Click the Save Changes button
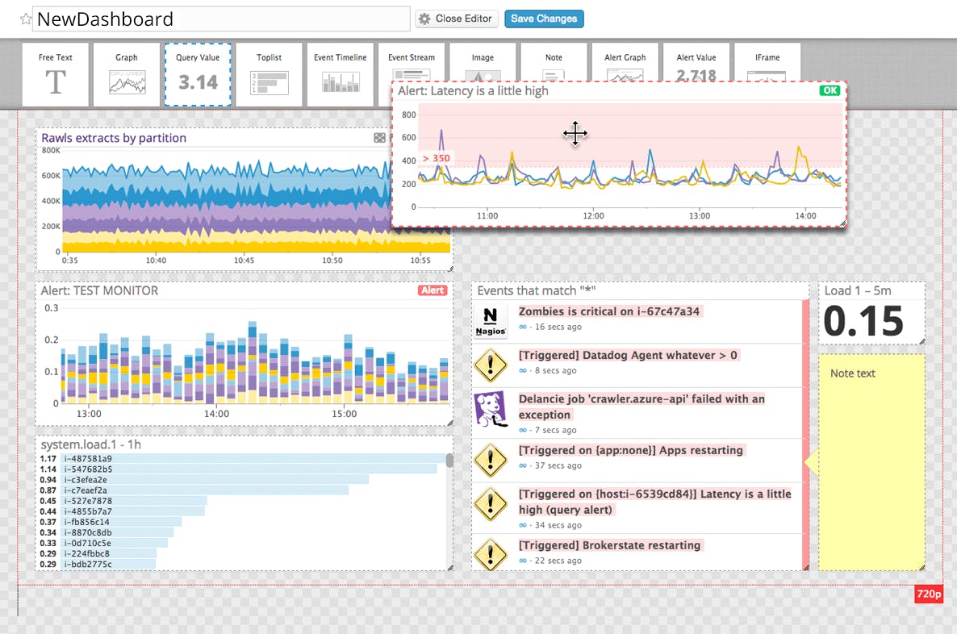tap(544, 19)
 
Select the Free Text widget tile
tap(56, 75)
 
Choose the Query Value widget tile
tap(198, 75)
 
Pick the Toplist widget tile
tap(270, 75)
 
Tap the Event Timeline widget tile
tap(340, 75)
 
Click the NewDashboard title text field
tap(220, 19)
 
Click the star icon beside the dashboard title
tap(25, 19)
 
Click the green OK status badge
tap(830, 91)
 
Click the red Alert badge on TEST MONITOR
tap(433, 290)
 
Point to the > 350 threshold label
tap(436, 158)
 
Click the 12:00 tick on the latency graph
tap(593, 216)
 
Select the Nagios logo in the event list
tap(491, 320)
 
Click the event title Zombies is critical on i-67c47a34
tap(609, 311)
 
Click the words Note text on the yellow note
tap(852, 373)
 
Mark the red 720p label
tap(928, 594)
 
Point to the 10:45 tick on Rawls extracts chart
tap(243, 261)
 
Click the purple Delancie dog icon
tap(490, 408)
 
